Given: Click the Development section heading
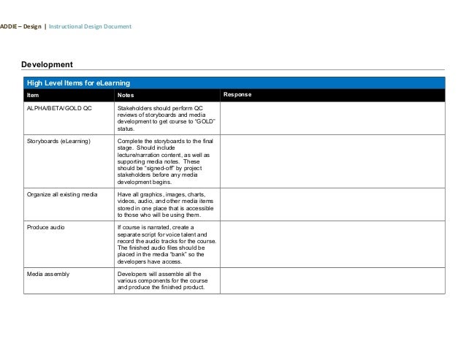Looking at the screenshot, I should [47, 66].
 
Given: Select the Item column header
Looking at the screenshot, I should [33, 95].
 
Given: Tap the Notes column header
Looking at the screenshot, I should [126, 95].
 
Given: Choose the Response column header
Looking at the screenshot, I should [237, 95].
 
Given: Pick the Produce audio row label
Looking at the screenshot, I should [45, 227].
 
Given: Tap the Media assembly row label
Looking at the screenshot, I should [48, 274].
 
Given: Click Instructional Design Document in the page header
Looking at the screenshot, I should [91, 27].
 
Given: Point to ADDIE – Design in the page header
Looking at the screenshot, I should [20, 27].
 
